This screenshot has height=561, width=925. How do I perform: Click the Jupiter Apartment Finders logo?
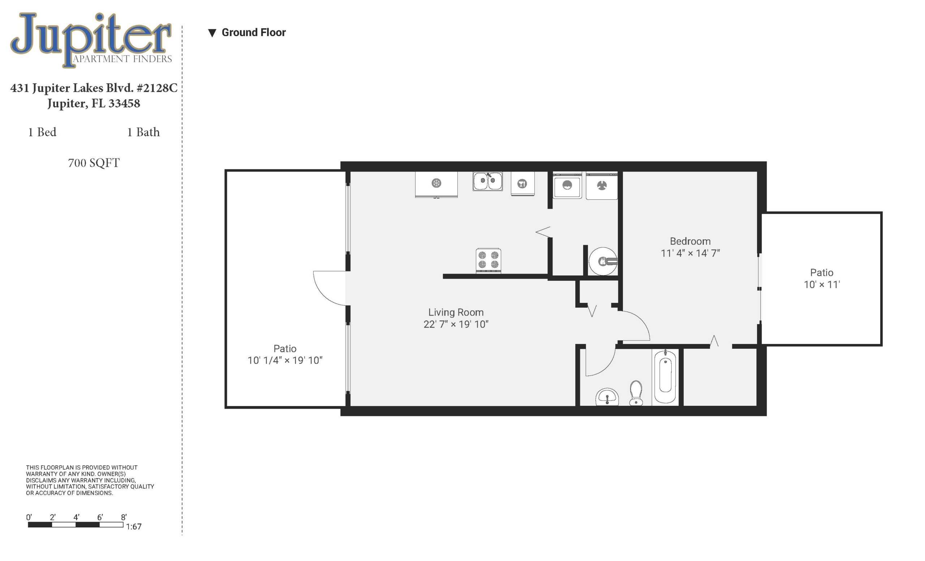click(x=91, y=40)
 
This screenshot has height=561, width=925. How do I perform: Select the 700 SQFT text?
click(x=94, y=163)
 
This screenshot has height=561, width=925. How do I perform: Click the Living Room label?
click(x=456, y=318)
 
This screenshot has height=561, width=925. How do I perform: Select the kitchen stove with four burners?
click(x=488, y=260)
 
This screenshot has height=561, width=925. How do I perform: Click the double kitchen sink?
click(x=488, y=182)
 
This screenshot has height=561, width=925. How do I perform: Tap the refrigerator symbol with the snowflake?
click(x=436, y=184)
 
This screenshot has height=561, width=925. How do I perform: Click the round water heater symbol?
click(x=603, y=261)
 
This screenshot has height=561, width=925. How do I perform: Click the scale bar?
click(x=76, y=525)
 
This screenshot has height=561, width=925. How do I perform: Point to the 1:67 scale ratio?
click(x=134, y=526)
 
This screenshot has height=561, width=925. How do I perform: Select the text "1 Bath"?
click(x=143, y=132)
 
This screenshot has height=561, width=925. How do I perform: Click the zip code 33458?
click(x=124, y=103)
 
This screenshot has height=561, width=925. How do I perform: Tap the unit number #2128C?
click(x=157, y=88)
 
